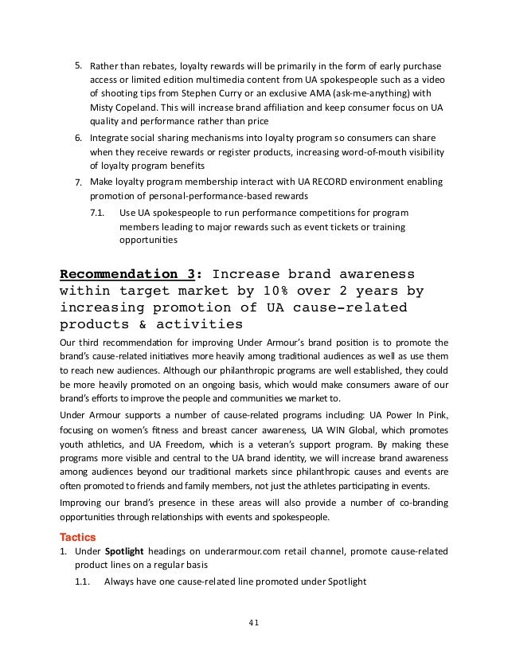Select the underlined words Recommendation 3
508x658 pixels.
tap(128, 276)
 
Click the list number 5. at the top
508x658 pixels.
tap(79, 64)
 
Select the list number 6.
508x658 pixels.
tap(79, 137)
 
